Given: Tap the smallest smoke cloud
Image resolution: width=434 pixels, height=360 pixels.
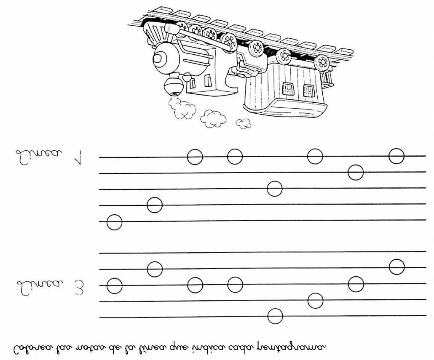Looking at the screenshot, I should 244,123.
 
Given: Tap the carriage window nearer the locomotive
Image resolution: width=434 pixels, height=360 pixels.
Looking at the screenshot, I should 288,88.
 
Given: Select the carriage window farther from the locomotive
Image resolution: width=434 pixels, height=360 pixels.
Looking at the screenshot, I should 308,90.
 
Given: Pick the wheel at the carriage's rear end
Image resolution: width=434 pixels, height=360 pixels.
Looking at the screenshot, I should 322,62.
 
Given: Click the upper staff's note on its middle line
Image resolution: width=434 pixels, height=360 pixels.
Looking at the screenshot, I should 275,189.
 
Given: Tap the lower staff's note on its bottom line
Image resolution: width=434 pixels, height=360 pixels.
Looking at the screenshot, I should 275,316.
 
